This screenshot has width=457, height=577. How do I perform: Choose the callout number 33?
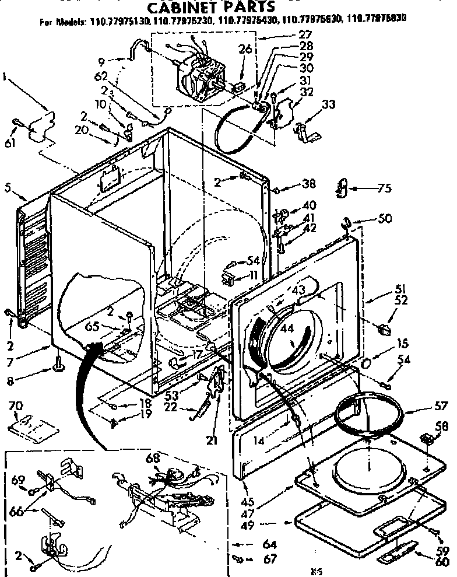point(328,106)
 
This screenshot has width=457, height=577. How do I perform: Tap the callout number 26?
point(245,49)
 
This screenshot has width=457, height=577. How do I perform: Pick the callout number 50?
point(385,220)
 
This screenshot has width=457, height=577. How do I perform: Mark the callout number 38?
point(308,185)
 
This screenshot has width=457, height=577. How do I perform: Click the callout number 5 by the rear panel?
point(6,188)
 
